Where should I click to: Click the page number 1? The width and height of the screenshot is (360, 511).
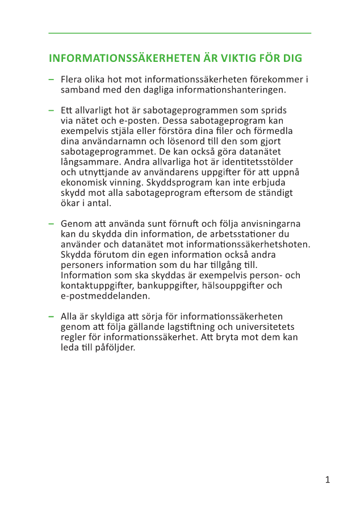(x=328, y=480)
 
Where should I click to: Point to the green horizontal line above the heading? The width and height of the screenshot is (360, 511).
(x=180, y=33)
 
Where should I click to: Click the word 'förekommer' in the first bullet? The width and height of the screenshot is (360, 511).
(x=277, y=79)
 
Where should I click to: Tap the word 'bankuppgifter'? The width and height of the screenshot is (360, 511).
(x=167, y=286)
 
